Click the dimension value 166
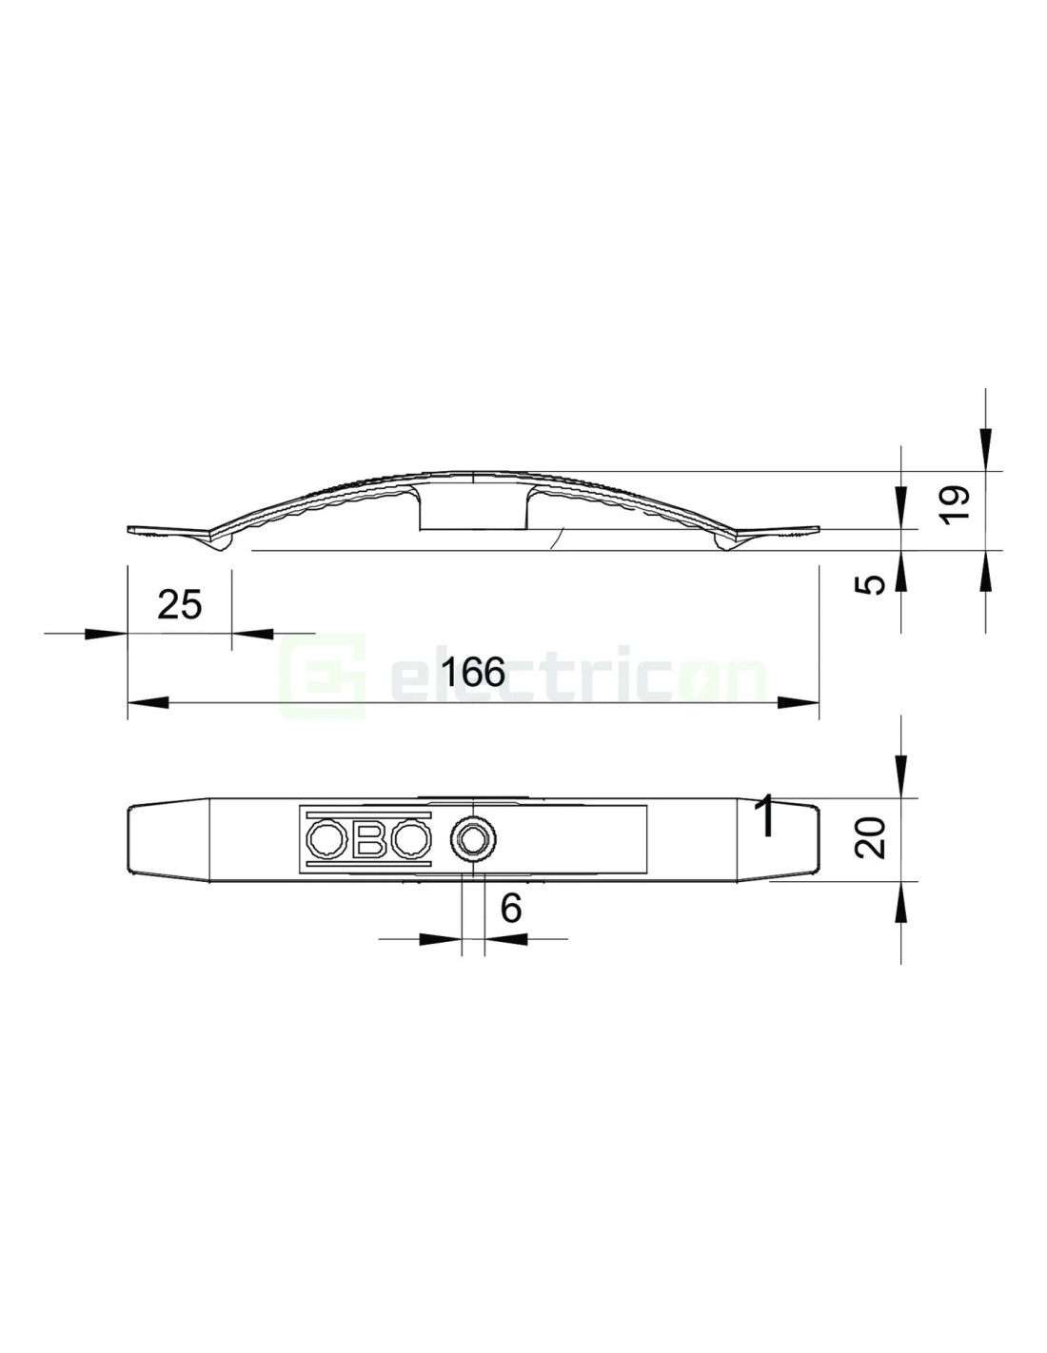click(472, 672)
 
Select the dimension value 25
click(180, 604)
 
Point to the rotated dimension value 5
click(874, 584)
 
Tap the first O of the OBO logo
click(327, 838)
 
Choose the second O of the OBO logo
click(412, 838)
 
